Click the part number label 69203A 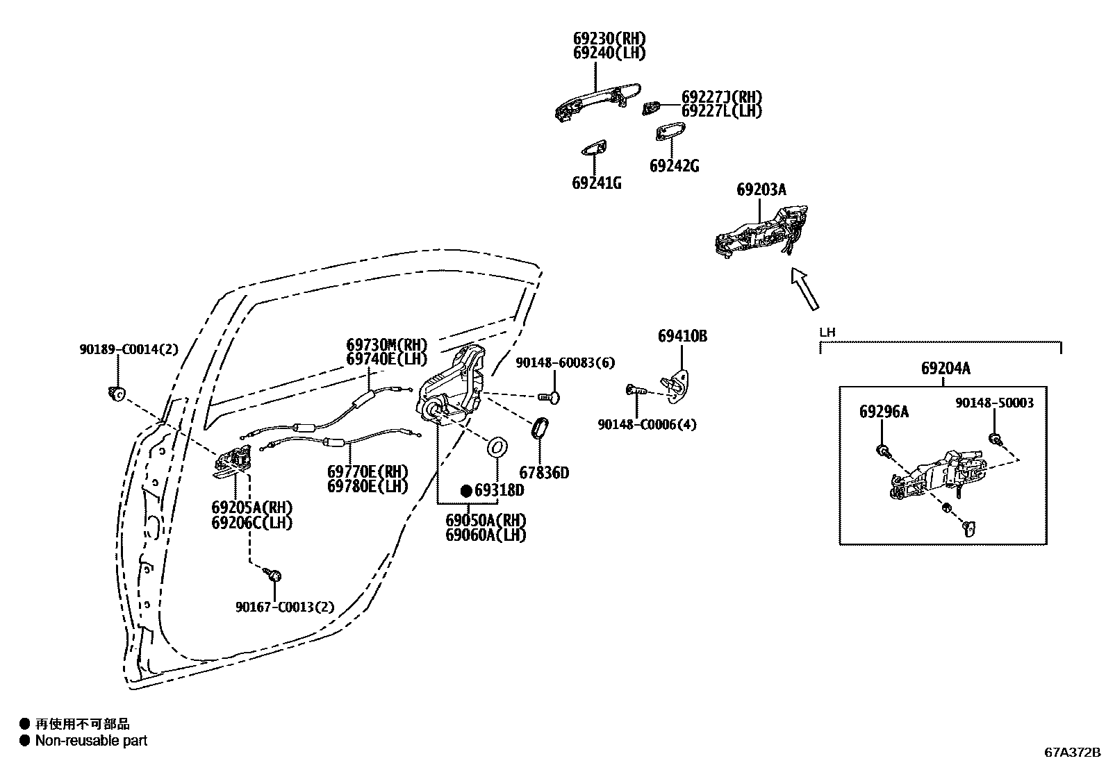click(761, 190)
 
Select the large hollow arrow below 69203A click(805, 288)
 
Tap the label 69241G click(596, 183)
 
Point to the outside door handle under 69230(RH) click(596, 100)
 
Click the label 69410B click(682, 336)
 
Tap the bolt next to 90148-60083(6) click(550, 396)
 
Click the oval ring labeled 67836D click(540, 428)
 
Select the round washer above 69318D click(497, 447)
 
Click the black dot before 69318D click(467, 491)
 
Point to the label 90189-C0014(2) click(128, 350)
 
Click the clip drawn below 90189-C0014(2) click(117, 394)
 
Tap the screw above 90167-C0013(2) click(274, 575)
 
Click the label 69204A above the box click(946, 369)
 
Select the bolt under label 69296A click(882, 450)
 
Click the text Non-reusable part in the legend click(91, 741)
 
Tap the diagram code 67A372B click(1073, 752)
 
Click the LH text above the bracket click(827, 333)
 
